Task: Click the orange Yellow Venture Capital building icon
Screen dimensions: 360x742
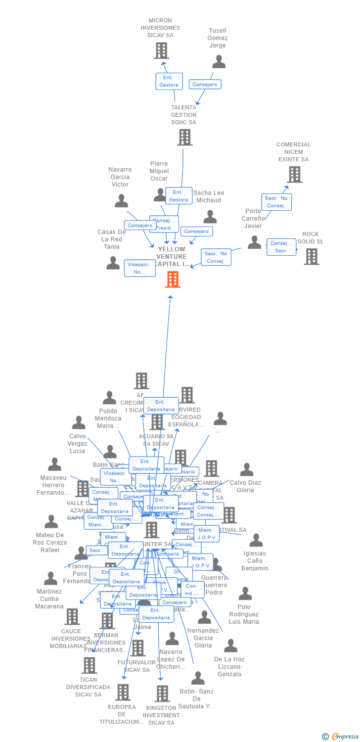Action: [173, 279]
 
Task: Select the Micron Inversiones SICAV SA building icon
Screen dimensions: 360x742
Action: [161, 50]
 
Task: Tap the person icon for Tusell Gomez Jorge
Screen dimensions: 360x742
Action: [219, 62]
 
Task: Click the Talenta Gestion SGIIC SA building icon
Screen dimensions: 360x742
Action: [184, 137]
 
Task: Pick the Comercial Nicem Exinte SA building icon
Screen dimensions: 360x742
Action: [294, 174]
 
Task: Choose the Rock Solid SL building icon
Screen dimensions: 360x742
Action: [312, 256]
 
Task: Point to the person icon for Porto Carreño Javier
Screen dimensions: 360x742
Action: [254, 242]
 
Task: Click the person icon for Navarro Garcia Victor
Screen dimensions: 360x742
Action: [121, 200]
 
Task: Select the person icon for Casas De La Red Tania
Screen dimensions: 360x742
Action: [113, 263]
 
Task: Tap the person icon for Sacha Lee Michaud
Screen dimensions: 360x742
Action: [210, 217]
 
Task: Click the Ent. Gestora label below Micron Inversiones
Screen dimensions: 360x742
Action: [169, 81]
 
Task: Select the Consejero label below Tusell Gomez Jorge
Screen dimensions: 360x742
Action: [205, 85]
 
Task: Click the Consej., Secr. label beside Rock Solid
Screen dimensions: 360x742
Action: [281, 247]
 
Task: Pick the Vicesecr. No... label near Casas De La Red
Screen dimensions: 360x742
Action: [139, 268]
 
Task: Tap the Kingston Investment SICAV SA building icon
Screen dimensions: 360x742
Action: [162, 694]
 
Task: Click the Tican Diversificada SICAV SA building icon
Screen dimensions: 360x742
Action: [89, 665]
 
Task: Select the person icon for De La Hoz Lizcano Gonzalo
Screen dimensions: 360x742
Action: [230, 646]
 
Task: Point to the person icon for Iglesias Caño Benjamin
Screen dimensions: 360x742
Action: [256, 540]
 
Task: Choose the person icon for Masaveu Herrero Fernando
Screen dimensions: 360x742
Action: [54, 464]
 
